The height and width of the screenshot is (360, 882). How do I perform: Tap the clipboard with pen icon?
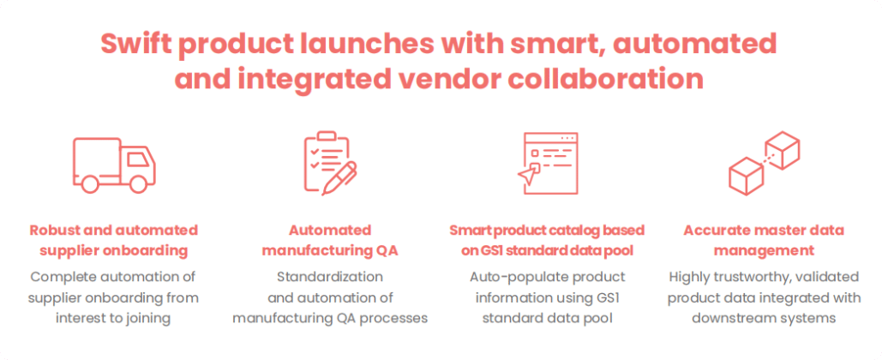click(x=330, y=163)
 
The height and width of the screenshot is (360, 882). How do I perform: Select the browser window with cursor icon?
click(x=548, y=163)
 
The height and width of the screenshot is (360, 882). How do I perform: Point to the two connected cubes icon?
click(x=764, y=163)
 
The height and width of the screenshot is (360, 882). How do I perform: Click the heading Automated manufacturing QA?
click(x=330, y=240)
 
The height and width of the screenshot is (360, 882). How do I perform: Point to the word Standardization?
click(x=330, y=278)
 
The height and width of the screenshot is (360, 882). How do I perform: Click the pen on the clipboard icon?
click(x=339, y=178)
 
